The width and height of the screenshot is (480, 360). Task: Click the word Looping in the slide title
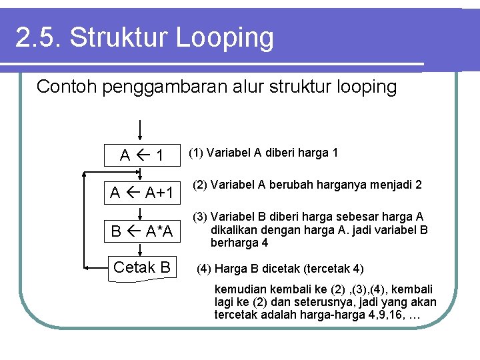(225, 38)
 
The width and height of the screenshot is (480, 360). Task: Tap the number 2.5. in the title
(38, 38)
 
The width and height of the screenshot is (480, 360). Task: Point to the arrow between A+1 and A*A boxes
(141, 213)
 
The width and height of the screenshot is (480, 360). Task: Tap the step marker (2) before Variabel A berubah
(201, 184)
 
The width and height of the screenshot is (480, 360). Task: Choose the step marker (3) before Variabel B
(201, 217)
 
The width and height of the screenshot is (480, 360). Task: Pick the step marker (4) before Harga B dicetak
(204, 269)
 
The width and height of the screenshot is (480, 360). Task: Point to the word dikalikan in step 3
(234, 231)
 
